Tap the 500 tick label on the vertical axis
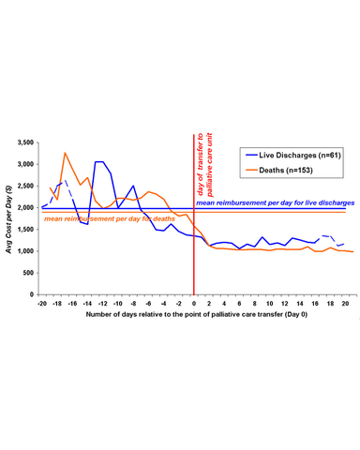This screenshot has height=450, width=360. click(x=29, y=273)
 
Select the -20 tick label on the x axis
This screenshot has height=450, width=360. click(x=42, y=304)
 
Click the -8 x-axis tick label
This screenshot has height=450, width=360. click(x=133, y=304)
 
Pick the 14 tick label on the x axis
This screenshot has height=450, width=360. click(x=300, y=304)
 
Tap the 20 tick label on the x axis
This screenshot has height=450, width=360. click(x=345, y=304)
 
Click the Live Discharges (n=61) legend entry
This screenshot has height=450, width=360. click(x=293, y=156)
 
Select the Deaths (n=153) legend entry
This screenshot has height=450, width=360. click(x=279, y=171)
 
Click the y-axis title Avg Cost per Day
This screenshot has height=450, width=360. click(x=8, y=219)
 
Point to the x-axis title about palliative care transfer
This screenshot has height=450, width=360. click(x=197, y=314)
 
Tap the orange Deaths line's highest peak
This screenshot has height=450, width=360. click(x=65, y=153)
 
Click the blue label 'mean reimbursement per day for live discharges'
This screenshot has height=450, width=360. click(x=276, y=202)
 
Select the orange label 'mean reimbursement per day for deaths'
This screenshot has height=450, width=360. click(x=110, y=218)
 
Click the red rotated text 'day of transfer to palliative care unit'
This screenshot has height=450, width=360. click(x=204, y=165)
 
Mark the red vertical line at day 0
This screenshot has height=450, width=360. click(x=194, y=215)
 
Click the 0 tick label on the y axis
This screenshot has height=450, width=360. click(x=32, y=294)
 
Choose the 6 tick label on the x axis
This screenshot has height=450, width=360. click(x=239, y=304)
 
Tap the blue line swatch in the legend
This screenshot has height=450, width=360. click(x=251, y=156)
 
